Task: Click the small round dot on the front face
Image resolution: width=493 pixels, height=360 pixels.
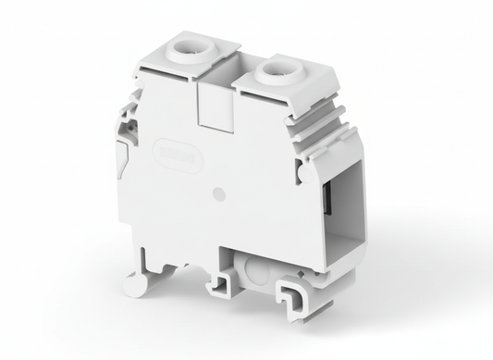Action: pos(217,194)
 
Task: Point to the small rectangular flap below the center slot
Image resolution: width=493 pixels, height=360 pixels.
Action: pos(212,115)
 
